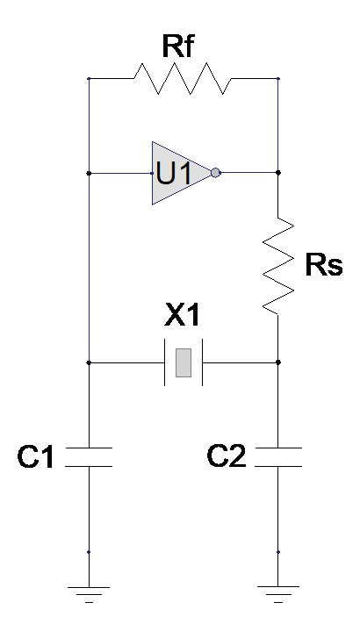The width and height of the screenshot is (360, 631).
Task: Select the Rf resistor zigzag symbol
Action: [x=183, y=79]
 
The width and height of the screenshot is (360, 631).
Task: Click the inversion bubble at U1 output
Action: [x=216, y=173]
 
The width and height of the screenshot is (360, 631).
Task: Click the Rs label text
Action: [x=323, y=266]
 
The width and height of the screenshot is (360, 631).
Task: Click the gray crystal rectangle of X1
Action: [x=184, y=362]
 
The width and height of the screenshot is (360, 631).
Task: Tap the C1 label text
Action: [x=37, y=456]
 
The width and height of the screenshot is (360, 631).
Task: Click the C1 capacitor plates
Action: [x=89, y=456]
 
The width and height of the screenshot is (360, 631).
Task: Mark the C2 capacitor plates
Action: [x=277, y=456]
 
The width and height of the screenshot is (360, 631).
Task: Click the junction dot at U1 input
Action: [x=89, y=173]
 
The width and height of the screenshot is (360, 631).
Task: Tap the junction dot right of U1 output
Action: [x=277, y=173]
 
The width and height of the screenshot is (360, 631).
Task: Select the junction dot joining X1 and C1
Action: [x=89, y=362]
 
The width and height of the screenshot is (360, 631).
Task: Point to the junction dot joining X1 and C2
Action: [x=277, y=362]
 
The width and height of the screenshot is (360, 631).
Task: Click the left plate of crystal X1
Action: [x=165, y=362]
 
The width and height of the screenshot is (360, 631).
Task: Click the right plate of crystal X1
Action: [x=203, y=362]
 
